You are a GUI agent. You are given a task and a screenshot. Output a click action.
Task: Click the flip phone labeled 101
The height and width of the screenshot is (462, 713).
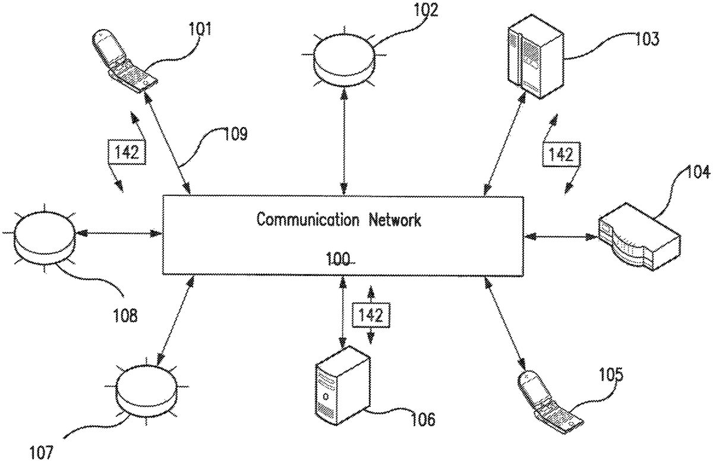(123, 62)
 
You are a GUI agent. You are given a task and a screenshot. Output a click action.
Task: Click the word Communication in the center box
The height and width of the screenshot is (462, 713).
(307, 220)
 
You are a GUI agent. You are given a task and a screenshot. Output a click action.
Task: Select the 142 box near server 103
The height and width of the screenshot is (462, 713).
(560, 155)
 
